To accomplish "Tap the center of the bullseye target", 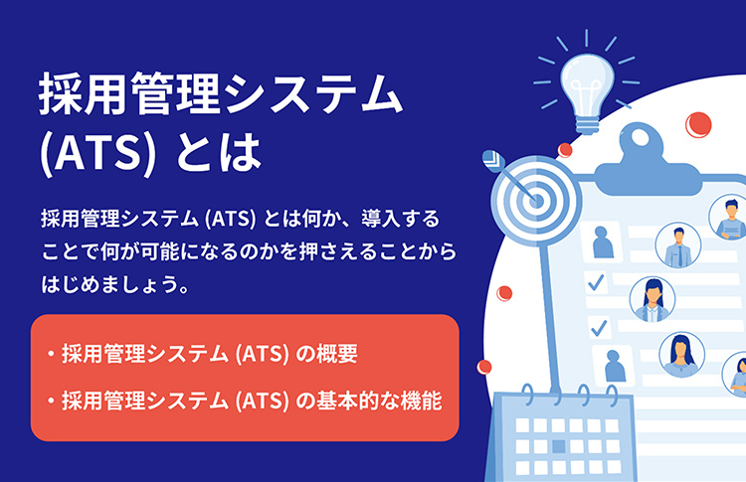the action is (x=537, y=200).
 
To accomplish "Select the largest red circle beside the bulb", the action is (x=698, y=125).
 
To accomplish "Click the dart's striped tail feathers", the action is (x=493, y=160).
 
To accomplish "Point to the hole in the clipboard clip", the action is (x=640, y=137).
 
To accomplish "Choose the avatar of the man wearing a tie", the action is (x=678, y=245).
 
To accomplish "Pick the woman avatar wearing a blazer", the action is (x=653, y=299).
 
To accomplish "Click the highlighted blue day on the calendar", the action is (x=559, y=446).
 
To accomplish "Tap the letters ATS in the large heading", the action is (x=98, y=152).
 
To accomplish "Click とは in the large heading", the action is (x=219, y=152).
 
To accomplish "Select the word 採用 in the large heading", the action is (x=85, y=93).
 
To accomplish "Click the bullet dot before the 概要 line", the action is (x=51, y=354).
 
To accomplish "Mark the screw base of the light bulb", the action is (x=587, y=124).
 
